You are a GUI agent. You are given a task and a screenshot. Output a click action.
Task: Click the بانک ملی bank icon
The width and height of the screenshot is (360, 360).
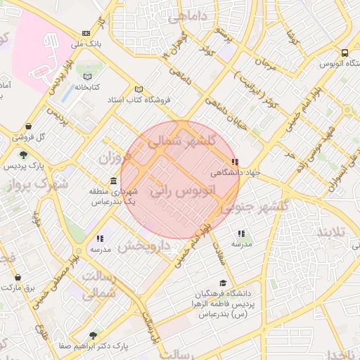pos(86,33)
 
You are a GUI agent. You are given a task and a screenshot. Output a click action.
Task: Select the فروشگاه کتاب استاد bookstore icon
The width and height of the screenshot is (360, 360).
pos(139,89)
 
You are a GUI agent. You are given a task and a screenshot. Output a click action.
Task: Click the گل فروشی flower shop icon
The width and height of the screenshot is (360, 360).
pos(17,138)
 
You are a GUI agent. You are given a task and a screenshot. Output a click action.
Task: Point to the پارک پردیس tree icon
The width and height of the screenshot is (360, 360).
pos(23,155)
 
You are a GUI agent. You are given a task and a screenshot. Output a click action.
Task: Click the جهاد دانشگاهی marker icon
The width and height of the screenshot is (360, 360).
pos(235,162)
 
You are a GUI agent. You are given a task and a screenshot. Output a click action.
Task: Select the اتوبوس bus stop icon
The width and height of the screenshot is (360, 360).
pos(345,53)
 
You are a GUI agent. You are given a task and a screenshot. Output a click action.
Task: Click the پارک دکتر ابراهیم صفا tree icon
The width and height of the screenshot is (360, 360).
pos(94,335)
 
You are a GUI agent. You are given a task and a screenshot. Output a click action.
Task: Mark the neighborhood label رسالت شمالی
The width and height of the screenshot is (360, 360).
pos(98,284)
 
